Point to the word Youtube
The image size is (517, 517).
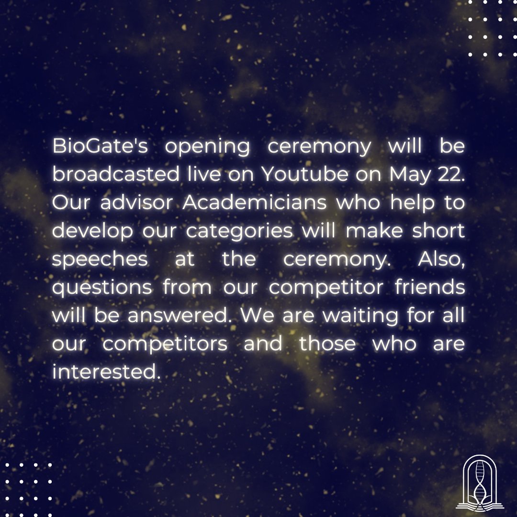coord(305,176)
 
